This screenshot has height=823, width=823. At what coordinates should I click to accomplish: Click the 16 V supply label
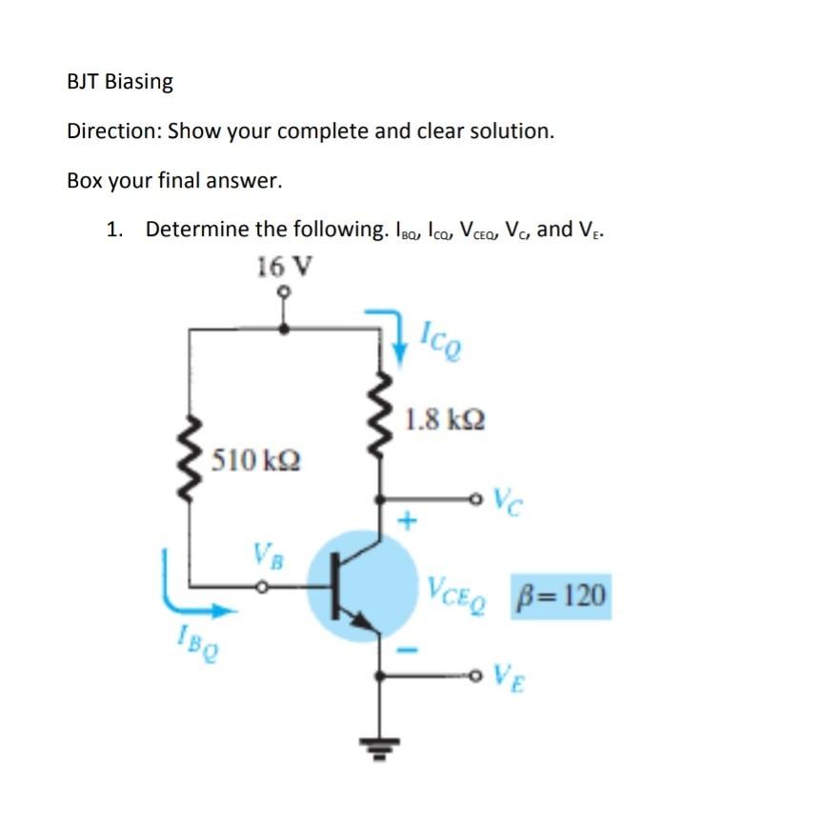(x=283, y=266)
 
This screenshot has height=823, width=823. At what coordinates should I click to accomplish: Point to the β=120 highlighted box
(x=560, y=596)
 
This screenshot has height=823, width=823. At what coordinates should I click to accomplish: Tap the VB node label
(x=267, y=554)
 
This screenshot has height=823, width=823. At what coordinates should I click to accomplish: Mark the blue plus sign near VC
(x=410, y=521)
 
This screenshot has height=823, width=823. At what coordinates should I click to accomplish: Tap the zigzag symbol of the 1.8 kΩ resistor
(x=380, y=418)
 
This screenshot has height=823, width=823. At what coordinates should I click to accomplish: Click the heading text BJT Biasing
(x=120, y=82)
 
